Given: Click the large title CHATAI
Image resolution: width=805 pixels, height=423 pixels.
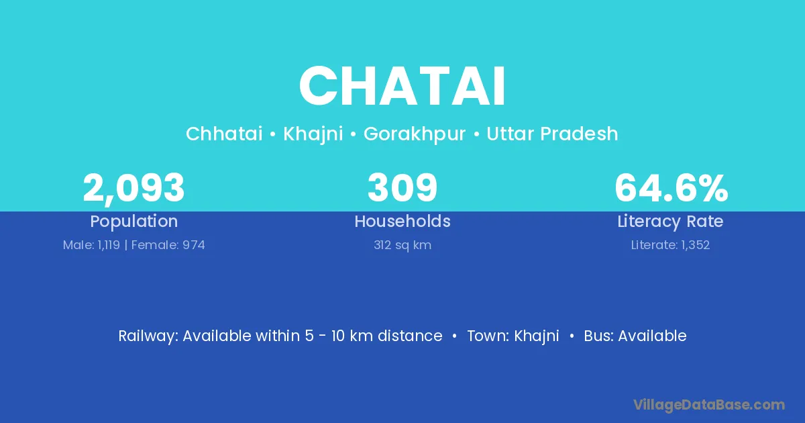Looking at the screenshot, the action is coord(402,87).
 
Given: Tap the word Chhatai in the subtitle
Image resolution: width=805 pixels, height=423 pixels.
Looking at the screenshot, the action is coord(224,134).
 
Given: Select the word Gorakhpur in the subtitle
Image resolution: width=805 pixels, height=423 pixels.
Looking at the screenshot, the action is coord(415,134).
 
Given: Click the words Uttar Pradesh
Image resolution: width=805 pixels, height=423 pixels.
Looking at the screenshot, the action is coord(552,134).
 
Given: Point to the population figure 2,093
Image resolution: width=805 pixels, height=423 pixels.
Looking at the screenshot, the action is coord(133,188).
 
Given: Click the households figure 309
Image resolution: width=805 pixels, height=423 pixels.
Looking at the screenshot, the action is coord(402,187).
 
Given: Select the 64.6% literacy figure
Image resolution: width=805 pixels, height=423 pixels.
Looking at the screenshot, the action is coord(671,188).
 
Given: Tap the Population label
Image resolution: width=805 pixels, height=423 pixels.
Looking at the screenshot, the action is coord(134,222).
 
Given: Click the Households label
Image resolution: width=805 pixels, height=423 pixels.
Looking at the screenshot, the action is coord(402,221).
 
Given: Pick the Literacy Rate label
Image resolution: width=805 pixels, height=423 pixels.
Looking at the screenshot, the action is coord(670,222).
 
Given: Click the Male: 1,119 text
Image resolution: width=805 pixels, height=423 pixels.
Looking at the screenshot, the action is coord(91,245).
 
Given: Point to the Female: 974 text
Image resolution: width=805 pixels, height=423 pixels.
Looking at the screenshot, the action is coord(168,245).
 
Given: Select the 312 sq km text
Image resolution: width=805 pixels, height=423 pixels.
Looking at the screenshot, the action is coord(402,245).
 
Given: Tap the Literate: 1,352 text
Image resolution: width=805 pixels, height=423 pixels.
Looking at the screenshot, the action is coord(670,245).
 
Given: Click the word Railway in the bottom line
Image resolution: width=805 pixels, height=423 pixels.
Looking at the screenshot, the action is coord(148,336).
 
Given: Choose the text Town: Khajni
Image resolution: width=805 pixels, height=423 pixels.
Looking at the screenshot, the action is coord(513,336).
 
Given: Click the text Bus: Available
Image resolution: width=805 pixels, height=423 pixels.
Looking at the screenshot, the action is coord(635,336).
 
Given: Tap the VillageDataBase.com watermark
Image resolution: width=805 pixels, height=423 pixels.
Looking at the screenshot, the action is coord(708,405).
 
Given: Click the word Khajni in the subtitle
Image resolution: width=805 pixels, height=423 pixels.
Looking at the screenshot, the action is coord(313,134).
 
